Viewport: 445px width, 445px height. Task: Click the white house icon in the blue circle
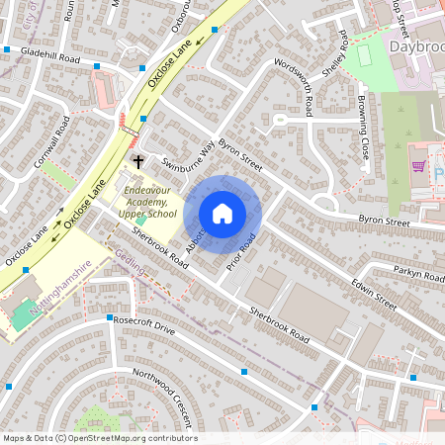(x=222, y=214)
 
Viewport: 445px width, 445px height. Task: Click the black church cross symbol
(x=138, y=159)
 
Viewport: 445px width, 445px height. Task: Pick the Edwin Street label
(x=374, y=293)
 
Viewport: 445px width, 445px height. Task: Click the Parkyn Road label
(x=419, y=273)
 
